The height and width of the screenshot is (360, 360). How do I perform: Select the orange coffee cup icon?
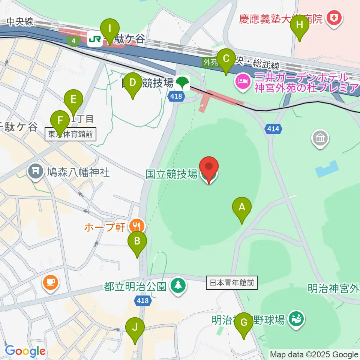pyautogui.click(x=50, y=282)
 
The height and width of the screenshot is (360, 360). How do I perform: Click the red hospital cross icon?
pyautogui.click(x=333, y=17)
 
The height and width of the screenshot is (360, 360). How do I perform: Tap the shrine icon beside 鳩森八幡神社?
pyautogui.click(x=36, y=171)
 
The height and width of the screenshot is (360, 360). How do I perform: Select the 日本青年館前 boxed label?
pyautogui.click(x=232, y=283)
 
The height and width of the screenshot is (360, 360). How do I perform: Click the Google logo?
pyautogui.click(x=25, y=351)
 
